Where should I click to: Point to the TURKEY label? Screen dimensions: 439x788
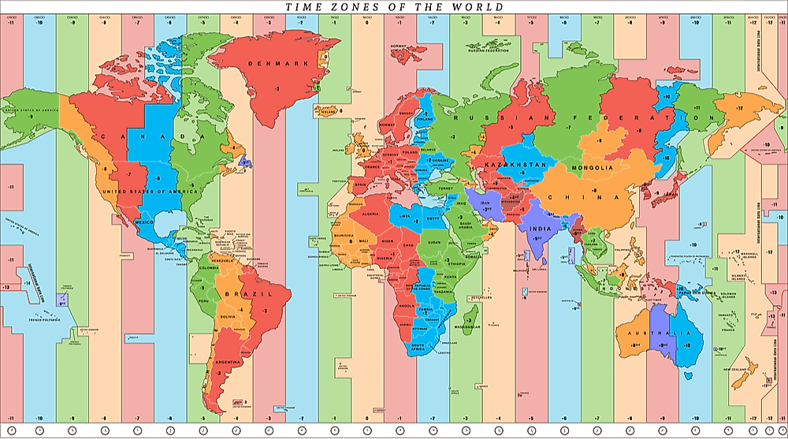[x=448, y=189]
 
